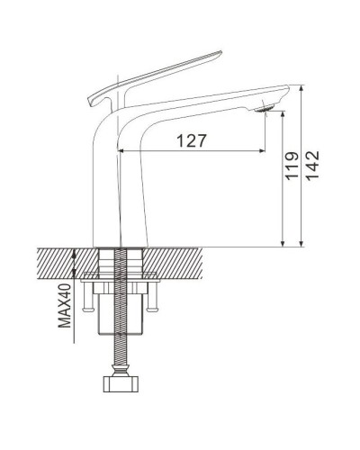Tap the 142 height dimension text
click(x=312, y=166)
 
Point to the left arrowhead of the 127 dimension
click(x=122, y=149)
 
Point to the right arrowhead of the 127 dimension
click(x=264, y=149)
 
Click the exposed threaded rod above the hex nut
click(x=118, y=360)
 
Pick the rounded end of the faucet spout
click(x=280, y=91)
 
